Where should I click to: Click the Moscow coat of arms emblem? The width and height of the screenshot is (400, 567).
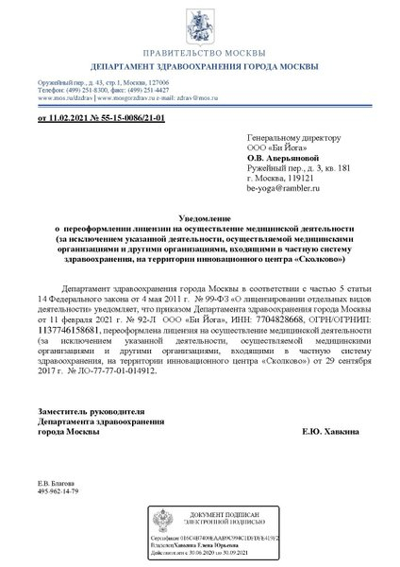point(200,31)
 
